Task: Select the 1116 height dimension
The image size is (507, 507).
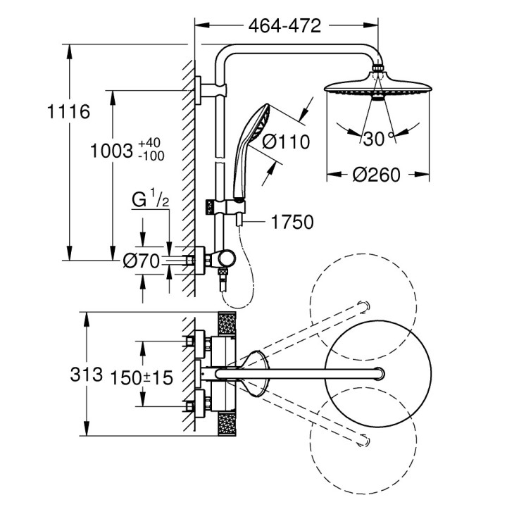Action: (68, 111)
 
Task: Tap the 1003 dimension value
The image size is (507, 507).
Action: (113, 150)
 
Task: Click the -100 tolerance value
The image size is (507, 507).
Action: (151, 156)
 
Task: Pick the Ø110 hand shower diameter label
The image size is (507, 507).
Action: (286, 142)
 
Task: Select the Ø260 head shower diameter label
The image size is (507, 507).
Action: (377, 175)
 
